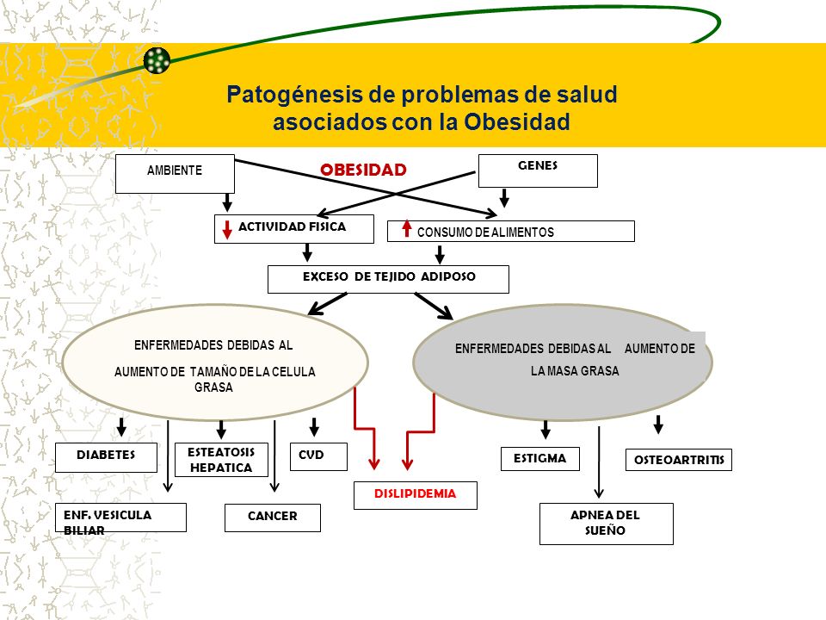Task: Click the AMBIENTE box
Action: coord(175,173)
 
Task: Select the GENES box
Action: coord(538,170)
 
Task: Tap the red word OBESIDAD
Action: coord(363,170)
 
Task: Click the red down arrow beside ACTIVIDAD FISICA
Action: coord(227,229)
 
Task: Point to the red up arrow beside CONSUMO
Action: coord(407,228)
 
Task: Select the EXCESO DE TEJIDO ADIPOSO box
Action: coord(388,279)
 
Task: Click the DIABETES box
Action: coord(106,457)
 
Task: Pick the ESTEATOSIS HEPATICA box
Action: coord(221,460)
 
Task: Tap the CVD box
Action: coord(318,456)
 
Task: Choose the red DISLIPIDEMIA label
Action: coord(415,494)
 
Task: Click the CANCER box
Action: coord(273,518)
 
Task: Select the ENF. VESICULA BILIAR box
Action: coord(120,518)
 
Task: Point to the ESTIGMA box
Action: coord(540,459)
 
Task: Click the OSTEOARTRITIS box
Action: coord(679,460)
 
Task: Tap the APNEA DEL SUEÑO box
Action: coord(607,524)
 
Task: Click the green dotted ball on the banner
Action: coord(157,60)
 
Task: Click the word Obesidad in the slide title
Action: coord(517,121)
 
